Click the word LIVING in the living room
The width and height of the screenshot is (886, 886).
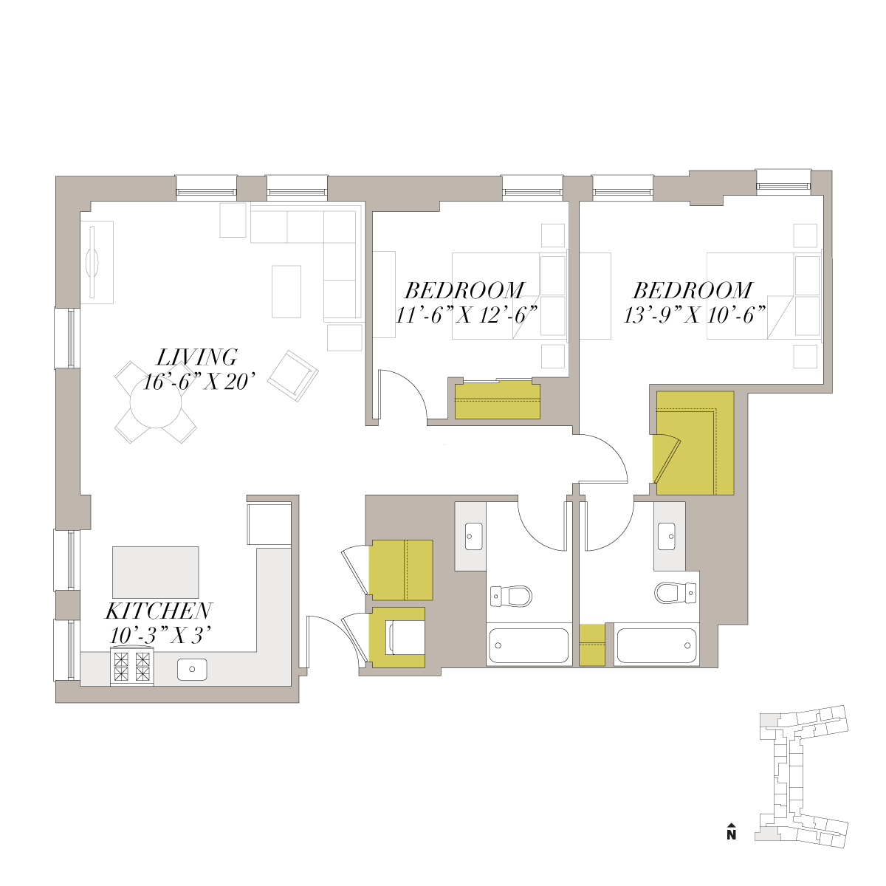coord(197,357)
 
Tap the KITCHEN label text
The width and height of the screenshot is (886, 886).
coord(159,611)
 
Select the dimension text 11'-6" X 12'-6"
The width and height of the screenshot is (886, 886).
coord(467,315)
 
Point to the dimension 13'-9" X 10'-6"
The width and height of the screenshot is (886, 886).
coord(695,315)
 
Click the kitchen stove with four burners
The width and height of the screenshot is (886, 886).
coord(132,666)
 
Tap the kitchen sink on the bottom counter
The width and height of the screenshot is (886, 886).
coord(192,669)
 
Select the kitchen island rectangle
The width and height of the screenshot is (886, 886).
coord(156,572)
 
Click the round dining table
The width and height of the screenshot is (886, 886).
coord(156,403)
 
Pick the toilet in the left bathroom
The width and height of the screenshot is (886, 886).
coord(511,597)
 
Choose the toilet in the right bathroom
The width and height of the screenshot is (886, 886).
coord(675,593)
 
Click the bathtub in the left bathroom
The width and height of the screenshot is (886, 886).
coord(529,645)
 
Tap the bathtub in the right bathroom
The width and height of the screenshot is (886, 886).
coord(656,645)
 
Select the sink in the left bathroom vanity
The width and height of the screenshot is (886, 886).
coord(473,536)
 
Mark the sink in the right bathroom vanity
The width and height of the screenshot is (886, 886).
coord(666,536)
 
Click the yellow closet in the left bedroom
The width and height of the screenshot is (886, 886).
coord(498,399)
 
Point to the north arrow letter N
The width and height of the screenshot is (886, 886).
coord(732,834)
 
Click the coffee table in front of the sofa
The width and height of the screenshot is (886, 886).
coord(286,292)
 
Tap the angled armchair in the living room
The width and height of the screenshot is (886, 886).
coord(293,376)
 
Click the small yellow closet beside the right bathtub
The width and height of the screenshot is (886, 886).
coord(591,645)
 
